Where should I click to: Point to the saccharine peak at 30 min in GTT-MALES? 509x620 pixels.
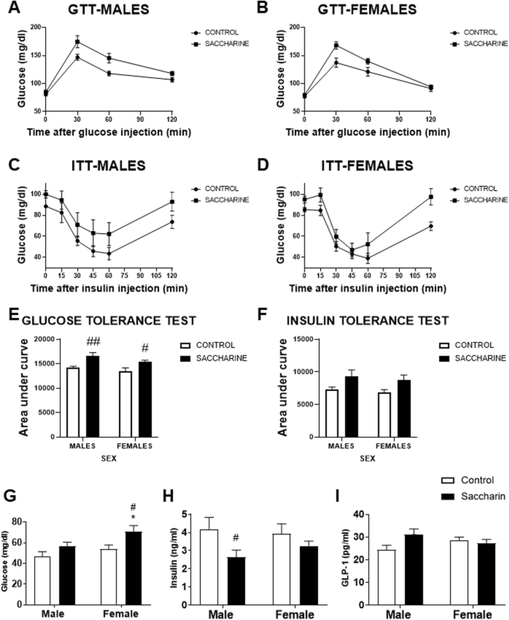click(77, 42)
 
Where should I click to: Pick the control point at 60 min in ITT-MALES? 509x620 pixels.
click(108, 254)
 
